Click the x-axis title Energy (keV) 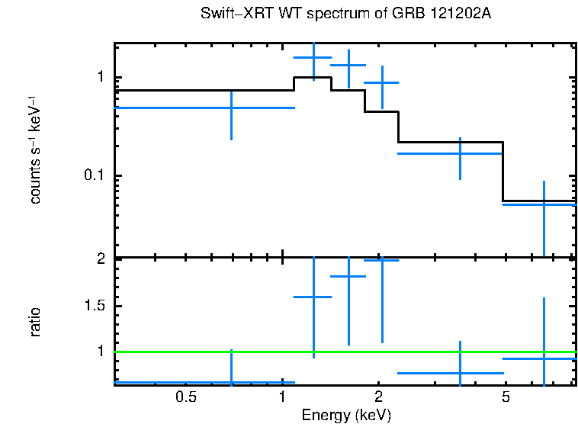(x=346, y=415)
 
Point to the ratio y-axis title (x=35, y=322)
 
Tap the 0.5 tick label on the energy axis (x=186, y=397)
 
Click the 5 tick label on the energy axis (x=505, y=397)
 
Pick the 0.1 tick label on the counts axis (x=92, y=176)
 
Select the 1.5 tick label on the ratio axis (x=92, y=306)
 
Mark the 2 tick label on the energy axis (x=378, y=397)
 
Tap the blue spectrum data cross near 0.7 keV (x=231, y=108)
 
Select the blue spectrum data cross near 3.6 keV (x=460, y=153)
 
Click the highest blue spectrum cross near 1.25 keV (x=313, y=57)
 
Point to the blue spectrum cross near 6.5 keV (x=544, y=204)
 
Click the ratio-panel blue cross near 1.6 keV (x=348, y=277)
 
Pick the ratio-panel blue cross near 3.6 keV (x=460, y=373)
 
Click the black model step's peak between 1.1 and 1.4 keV (x=313, y=78)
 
